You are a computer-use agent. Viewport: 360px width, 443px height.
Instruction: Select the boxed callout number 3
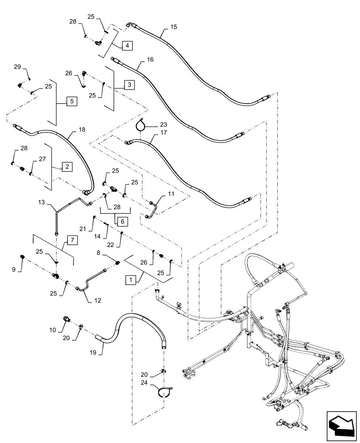129,84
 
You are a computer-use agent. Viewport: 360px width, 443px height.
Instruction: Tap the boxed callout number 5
71,101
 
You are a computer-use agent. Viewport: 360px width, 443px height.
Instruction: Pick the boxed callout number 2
67,167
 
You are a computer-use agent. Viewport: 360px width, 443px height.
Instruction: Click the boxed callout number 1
130,280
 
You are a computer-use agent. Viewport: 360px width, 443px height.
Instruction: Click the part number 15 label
173,27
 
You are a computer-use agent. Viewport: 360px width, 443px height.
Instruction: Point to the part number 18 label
82,130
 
